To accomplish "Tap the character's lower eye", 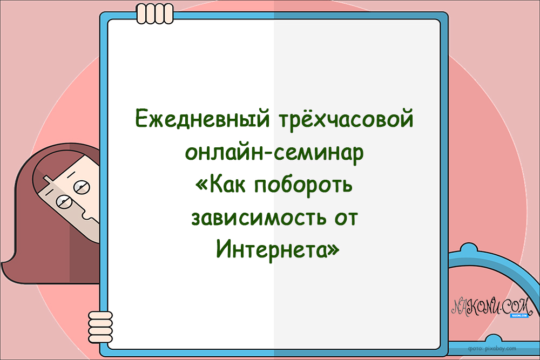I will point(63,203).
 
